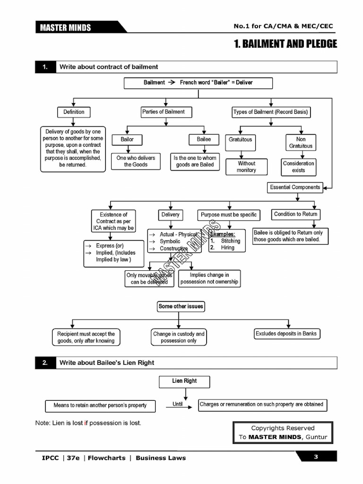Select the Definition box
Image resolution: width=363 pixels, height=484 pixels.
(74, 112)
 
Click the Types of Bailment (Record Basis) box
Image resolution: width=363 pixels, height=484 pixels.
(270, 112)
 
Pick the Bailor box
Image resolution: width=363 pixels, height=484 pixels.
(127, 139)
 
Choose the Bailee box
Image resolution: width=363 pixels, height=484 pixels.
(204, 139)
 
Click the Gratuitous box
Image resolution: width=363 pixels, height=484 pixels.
(241, 140)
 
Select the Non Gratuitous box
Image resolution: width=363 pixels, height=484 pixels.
(301, 142)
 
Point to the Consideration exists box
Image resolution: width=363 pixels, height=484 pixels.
(298, 167)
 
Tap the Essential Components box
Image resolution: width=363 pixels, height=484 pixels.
(295, 187)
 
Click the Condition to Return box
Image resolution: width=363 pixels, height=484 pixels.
(295, 214)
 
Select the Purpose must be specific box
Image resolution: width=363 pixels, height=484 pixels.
(229, 215)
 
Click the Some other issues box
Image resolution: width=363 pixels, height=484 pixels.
(181, 306)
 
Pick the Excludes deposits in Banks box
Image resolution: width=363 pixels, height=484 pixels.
(286, 334)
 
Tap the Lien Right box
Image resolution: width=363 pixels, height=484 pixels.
(184, 381)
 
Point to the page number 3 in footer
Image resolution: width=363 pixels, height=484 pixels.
(316, 457)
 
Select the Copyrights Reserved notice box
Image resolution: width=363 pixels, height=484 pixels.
(283, 432)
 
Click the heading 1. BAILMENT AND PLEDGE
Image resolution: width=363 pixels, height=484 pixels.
(285, 44)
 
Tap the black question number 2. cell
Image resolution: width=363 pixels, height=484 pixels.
(45, 363)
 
